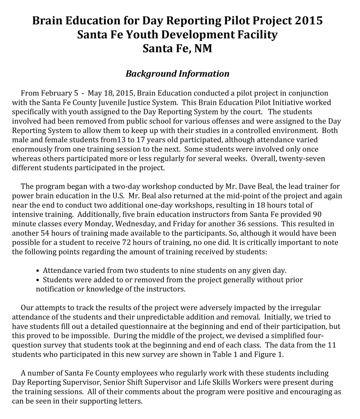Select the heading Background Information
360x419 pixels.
177,74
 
